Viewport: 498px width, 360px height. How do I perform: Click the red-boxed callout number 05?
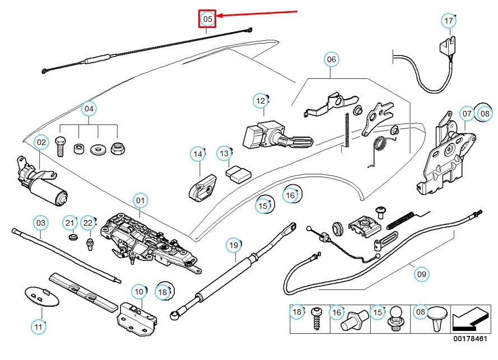208,20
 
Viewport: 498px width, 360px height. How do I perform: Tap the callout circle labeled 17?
448,21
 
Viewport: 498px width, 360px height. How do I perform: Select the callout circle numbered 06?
331,59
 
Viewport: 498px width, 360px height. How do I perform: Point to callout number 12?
260,101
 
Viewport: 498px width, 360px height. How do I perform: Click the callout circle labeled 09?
421,274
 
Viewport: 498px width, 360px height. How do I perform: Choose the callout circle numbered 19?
234,245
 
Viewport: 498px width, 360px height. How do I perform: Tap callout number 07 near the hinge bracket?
467,114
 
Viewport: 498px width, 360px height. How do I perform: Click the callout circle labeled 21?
69,223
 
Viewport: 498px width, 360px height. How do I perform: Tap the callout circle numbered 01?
139,200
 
